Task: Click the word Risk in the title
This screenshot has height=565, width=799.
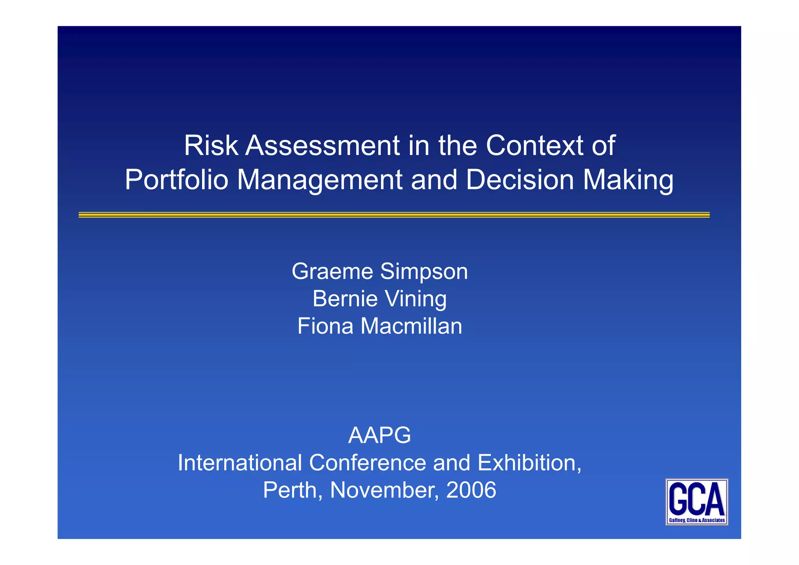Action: pos(211,146)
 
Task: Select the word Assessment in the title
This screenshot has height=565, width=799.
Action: pos(322,146)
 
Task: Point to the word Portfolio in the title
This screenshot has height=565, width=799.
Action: pos(176,180)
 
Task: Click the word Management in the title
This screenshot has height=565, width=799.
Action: pos(320,181)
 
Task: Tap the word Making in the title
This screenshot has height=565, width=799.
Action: pos(628,181)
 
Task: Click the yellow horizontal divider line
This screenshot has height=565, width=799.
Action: pos(394,215)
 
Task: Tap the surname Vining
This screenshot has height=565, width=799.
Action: pos(416,299)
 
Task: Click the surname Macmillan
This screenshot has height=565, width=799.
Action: pos(411,326)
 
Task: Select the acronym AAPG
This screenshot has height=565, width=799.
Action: pos(379,435)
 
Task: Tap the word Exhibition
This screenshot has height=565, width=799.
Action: pos(529,463)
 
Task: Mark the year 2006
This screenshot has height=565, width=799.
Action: pos(471,490)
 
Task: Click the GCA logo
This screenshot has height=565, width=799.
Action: pos(696,502)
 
